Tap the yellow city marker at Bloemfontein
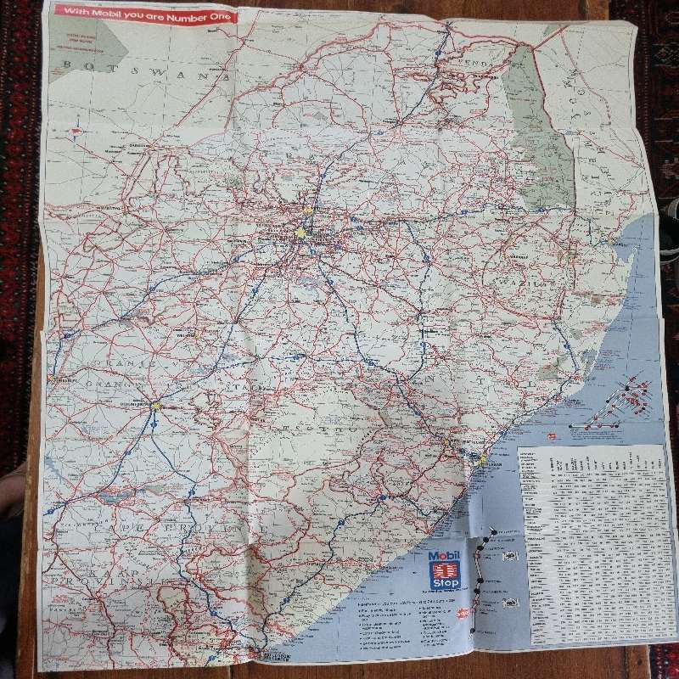point(156,406)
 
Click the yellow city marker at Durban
point(482,460)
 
